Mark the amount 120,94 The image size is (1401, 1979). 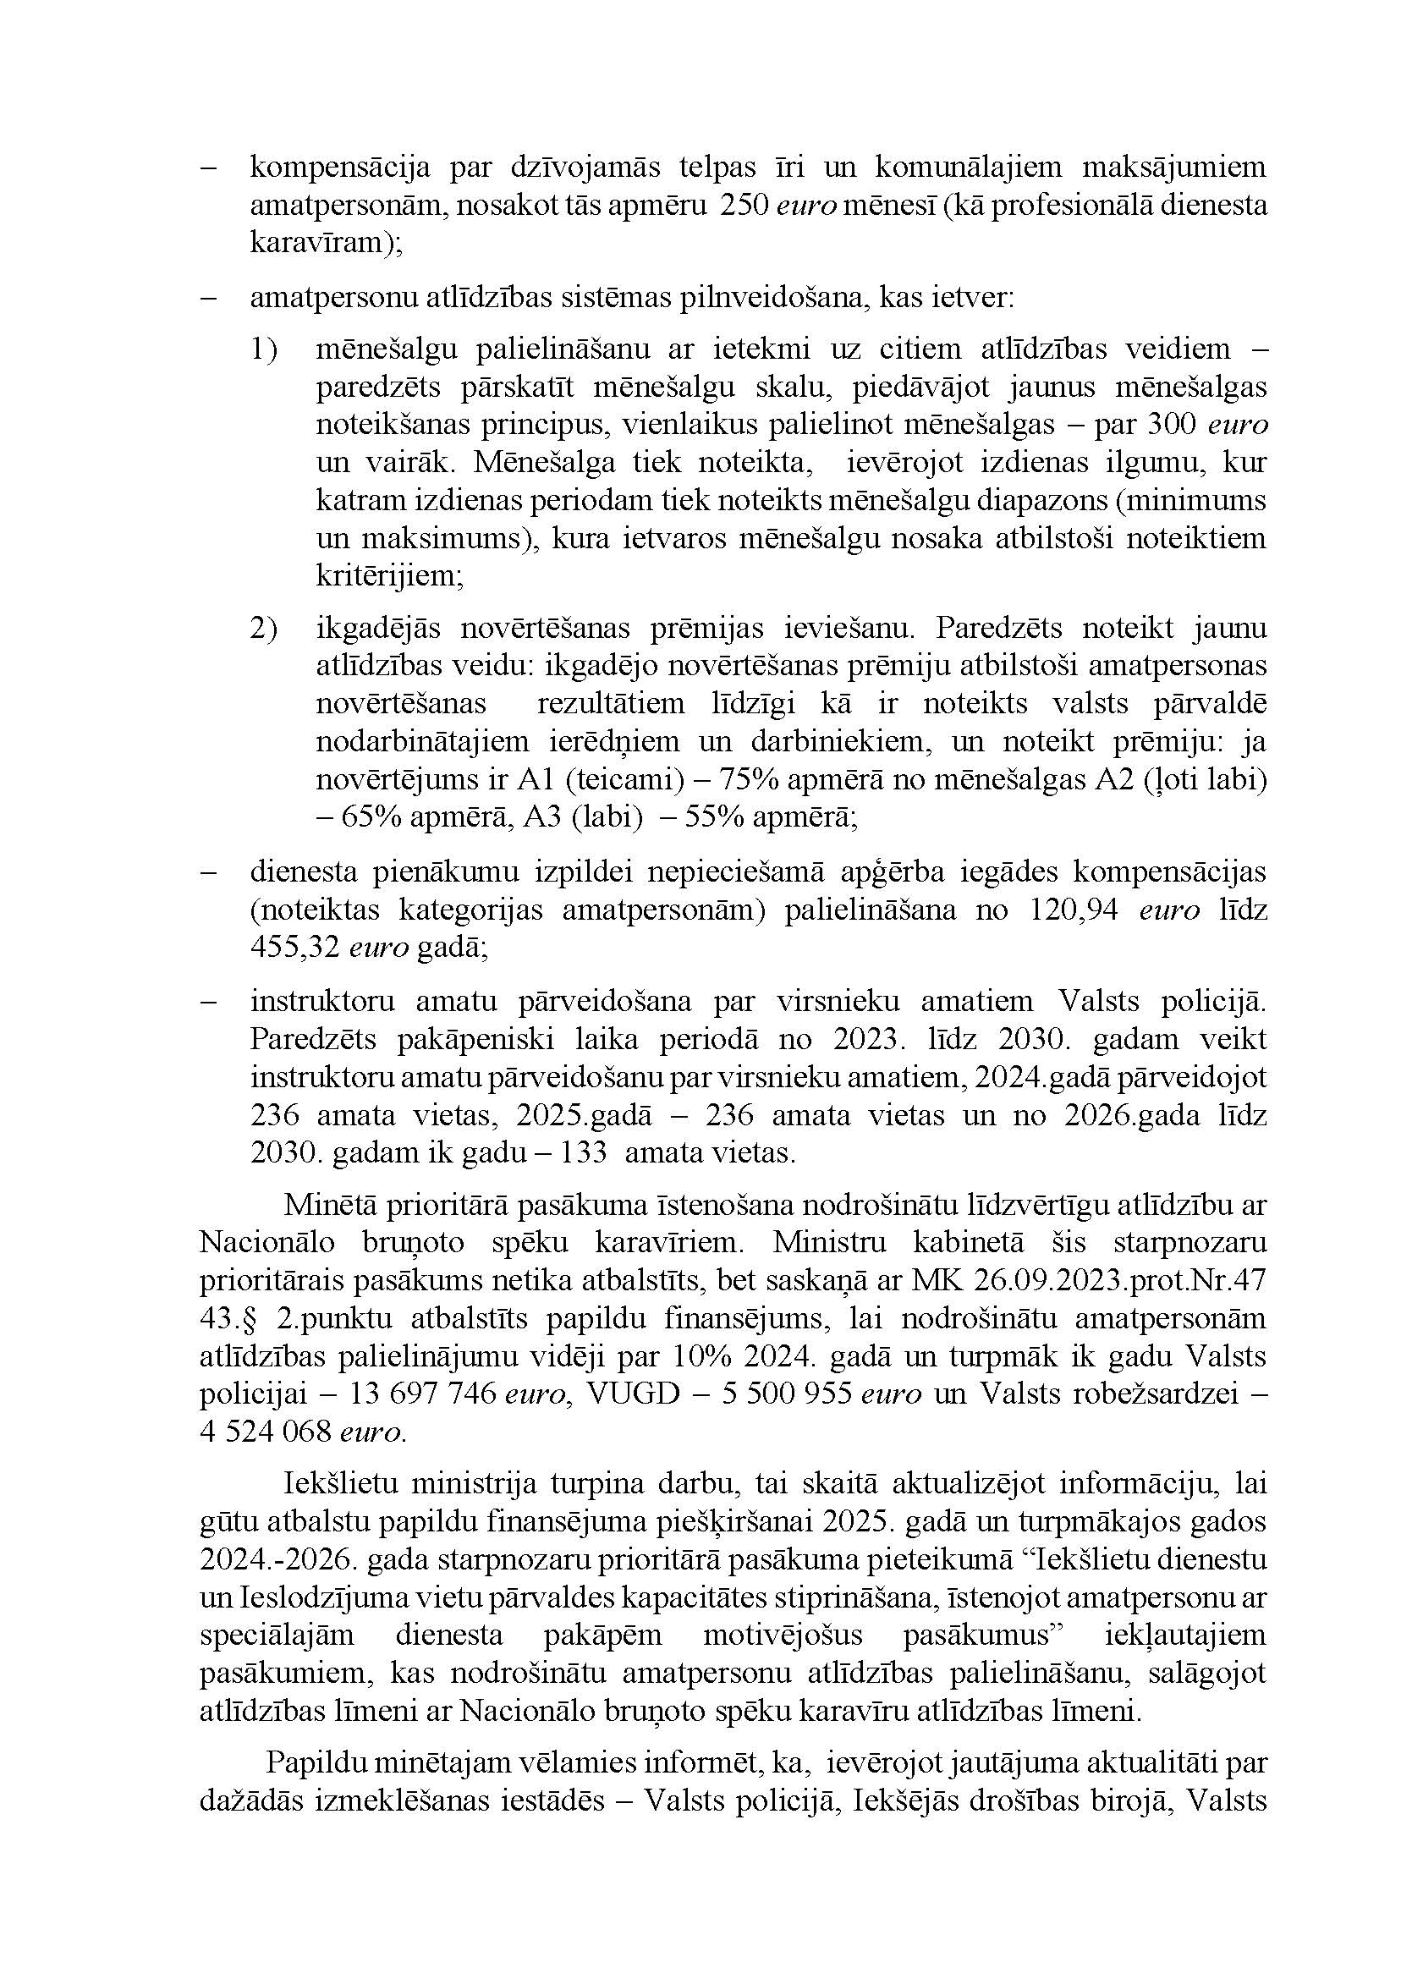[1074, 911]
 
